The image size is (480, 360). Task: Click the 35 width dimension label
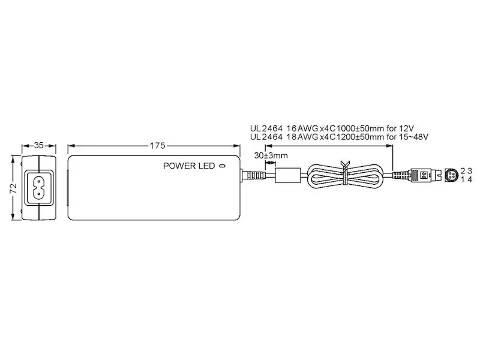pyautogui.click(x=39, y=145)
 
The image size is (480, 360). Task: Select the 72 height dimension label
pyautogui.click(x=13, y=188)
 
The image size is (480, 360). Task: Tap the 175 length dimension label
pyautogui.click(x=158, y=146)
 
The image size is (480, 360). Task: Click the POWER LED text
pyautogui.click(x=189, y=166)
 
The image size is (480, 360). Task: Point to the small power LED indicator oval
pyautogui.click(x=223, y=166)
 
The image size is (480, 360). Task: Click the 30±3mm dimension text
pyautogui.click(x=271, y=155)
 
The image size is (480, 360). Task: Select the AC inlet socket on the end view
pyautogui.click(x=39, y=188)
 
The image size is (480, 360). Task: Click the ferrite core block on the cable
pyautogui.click(x=287, y=175)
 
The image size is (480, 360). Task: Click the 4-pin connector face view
pyautogui.click(x=451, y=175)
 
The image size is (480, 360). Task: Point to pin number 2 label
pyautogui.click(x=463, y=171)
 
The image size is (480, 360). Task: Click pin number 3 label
pyautogui.click(x=470, y=171)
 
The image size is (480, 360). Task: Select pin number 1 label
pyautogui.click(x=463, y=179)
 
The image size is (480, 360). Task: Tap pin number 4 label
pyautogui.click(x=470, y=179)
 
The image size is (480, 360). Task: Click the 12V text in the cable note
pyautogui.click(x=407, y=128)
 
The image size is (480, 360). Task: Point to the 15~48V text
pyautogui.click(x=413, y=137)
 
